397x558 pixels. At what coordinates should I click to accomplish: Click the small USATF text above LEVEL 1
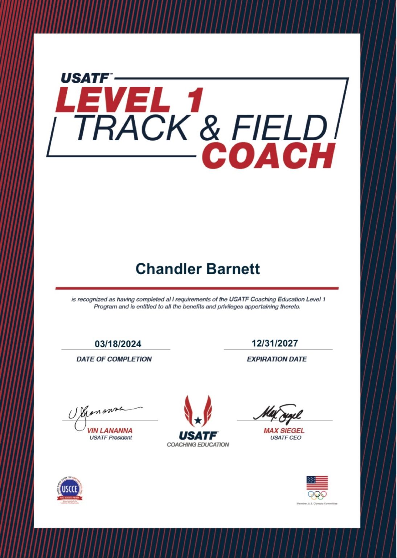click(85, 78)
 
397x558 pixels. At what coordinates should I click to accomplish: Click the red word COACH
click(268, 156)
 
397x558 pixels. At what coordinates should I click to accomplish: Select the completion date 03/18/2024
click(118, 344)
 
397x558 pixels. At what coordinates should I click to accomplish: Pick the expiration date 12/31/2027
click(275, 343)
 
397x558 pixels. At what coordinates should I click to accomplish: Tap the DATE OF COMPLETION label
click(114, 359)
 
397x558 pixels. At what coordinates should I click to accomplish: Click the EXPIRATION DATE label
click(277, 359)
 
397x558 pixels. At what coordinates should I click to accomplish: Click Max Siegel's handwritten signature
click(278, 412)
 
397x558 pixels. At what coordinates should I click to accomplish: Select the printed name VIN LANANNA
click(110, 430)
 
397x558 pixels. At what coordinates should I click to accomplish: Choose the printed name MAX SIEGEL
click(284, 430)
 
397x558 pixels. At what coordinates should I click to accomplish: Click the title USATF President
click(111, 438)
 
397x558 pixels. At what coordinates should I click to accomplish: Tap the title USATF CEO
click(286, 438)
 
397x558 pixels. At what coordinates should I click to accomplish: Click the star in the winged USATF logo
click(198, 420)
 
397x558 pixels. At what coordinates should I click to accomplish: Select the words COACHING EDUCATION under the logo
click(198, 444)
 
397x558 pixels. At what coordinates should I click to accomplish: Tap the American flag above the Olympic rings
click(317, 483)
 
